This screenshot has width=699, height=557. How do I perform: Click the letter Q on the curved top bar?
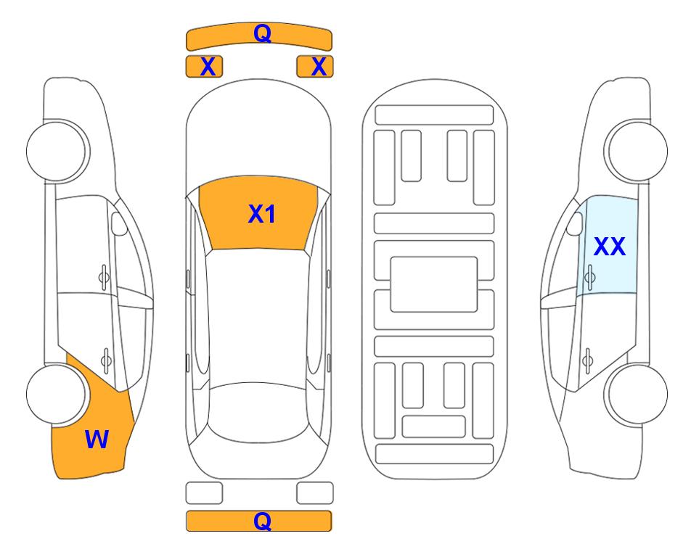coord(262,33)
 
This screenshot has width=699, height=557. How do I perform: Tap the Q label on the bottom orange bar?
coord(262,521)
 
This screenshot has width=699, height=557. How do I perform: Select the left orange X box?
coord(204,67)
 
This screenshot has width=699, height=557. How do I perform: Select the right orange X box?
coord(315,67)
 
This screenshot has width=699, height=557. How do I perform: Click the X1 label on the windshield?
coord(262,214)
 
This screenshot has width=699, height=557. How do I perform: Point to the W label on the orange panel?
coord(97,440)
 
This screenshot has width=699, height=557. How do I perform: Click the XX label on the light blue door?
coord(610,246)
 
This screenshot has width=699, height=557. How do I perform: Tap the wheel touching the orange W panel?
coord(56,394)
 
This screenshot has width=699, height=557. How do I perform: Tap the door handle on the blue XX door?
coord(590,278)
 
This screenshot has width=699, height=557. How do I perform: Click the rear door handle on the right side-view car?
coord(588,360)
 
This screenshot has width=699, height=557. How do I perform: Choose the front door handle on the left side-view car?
coord(104,278)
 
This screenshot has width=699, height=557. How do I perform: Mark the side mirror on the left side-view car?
coord(118,223)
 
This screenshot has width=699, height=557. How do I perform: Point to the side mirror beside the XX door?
coord(575,223)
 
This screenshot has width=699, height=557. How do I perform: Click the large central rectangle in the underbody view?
coord(434,284)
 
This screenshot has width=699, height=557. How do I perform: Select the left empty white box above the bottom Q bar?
coord(204,493)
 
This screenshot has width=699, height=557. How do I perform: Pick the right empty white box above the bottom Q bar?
coord(315,493)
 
